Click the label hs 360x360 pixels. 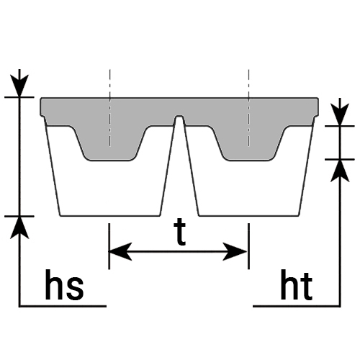pyautogui.click(x=64, y=284)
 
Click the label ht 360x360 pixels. pyautogui.click(x=297, y=285)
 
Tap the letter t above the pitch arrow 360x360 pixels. pyautogui.click(x=180, y=233)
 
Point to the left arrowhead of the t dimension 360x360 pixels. pyautogui.click(x=120, y=251)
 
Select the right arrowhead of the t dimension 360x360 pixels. pyautogui.click(x=235, y=251)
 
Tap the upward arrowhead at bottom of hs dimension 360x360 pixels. pyautogui.click(x=19, y=228)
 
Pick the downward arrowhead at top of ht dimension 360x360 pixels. pyautogui.click(x=340, y=114)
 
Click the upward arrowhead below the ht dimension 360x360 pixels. pyautogui.click(x=340, y=171)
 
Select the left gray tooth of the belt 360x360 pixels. pyautogui.click(x=110, y=143)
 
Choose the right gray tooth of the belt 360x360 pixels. pyautogui.click(x=249, y=143)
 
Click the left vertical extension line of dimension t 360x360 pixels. pyautogui.click(x=109, y=246)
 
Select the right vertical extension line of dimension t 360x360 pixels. pyautogui.click(x=248, y=246)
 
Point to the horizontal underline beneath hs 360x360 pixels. pyautogui.click(x=63, y=306)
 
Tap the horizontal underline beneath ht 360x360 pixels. pyautogui.click(x=297, y=306)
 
